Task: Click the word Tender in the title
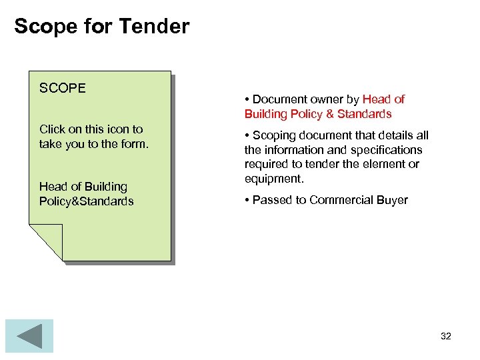point(154,27)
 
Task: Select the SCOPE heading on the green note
point(63,88)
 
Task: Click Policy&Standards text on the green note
point(86,201)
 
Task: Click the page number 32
point(446,336)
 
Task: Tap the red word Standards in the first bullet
point(365,114)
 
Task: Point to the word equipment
point(273,179)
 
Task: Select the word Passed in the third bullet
point(271,200)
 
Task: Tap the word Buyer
point(391,200)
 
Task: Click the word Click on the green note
point(53,129)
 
